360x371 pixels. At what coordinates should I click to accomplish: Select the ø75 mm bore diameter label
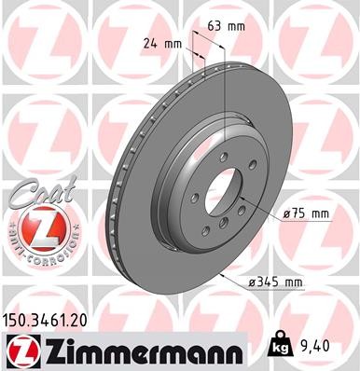[306, 213]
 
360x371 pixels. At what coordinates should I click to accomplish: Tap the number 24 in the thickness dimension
[151, 43]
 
